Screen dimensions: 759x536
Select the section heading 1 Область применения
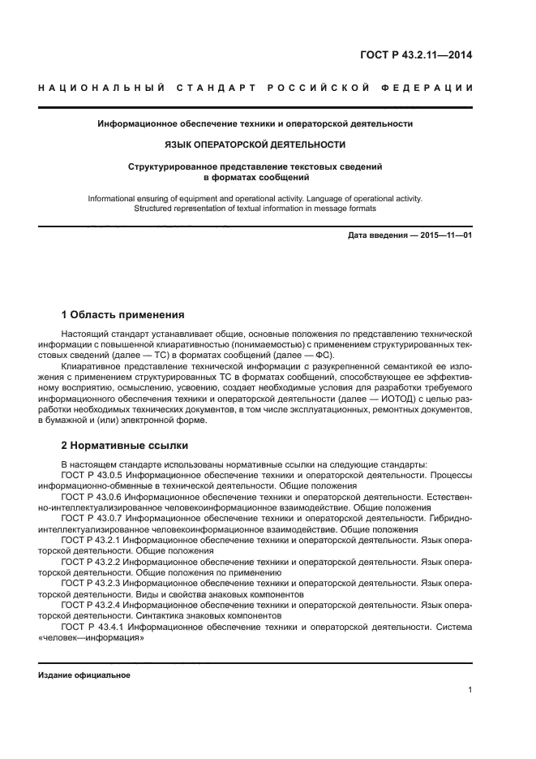[x=123, y=314]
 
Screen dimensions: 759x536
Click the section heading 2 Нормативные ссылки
[x=124, y=446]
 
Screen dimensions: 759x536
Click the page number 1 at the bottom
[x=470, y=690]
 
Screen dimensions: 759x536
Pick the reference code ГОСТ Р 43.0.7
[x=92, y=516]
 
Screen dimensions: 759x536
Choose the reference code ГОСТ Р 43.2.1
[x=92, y=538]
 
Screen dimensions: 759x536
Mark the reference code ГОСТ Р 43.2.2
[x=92, y=560]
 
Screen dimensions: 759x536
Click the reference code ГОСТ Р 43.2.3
[x=92, y=582]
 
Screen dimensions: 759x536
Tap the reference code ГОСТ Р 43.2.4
[x=92, y=604]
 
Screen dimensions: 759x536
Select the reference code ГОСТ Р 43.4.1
[x=92, y=626]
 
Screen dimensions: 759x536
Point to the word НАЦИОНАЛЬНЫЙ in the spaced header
[x=101, y=88]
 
